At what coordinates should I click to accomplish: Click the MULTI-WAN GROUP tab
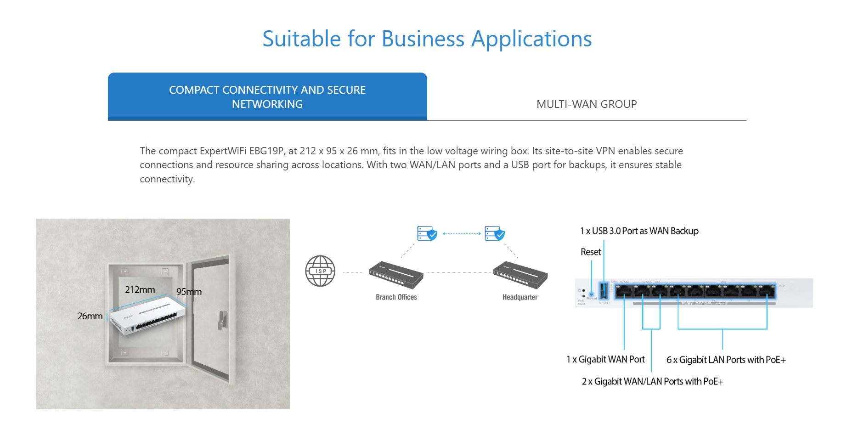[x=586, y=104]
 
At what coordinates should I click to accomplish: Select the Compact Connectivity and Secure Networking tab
[x=267, y=97]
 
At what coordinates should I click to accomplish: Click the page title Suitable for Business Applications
[x=427, y=39]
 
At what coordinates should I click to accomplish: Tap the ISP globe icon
[x=320, y=271]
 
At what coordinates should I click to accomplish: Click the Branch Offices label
[x=396, y=297]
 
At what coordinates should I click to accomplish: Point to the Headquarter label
[x=519, y=297]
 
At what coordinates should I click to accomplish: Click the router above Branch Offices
[x=395, y=274]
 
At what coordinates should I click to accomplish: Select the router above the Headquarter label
[x=520, y=274]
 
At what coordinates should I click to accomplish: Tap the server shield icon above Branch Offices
[x=427, y=233]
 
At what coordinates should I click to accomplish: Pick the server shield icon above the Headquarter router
[x=494, y=233]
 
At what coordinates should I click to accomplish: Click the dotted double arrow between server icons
[x=461, y=234]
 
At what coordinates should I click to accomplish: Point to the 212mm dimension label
[x=140, y=290]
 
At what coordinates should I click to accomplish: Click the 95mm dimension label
[x=189, y=292]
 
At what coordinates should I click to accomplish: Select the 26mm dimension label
[x=90, y=316]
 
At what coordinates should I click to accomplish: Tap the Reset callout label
[x=591, y=252]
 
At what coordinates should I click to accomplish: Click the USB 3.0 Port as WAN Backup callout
[x=639, y=231]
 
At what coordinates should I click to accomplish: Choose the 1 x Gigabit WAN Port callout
[x=605, y=359]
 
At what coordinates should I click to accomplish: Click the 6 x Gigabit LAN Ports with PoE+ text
[x=726, y=360]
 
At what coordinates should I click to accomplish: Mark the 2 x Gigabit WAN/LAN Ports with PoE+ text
[x=652, y=381]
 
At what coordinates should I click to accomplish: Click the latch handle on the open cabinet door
[x=223, y=320]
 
